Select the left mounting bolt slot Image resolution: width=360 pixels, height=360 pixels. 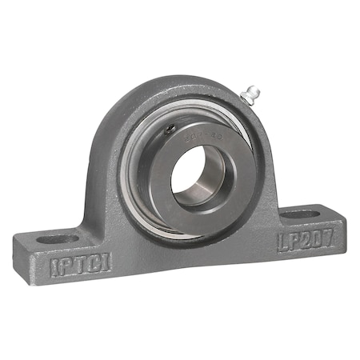[59, 238]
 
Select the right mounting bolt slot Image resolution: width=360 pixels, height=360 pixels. [302, 214]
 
